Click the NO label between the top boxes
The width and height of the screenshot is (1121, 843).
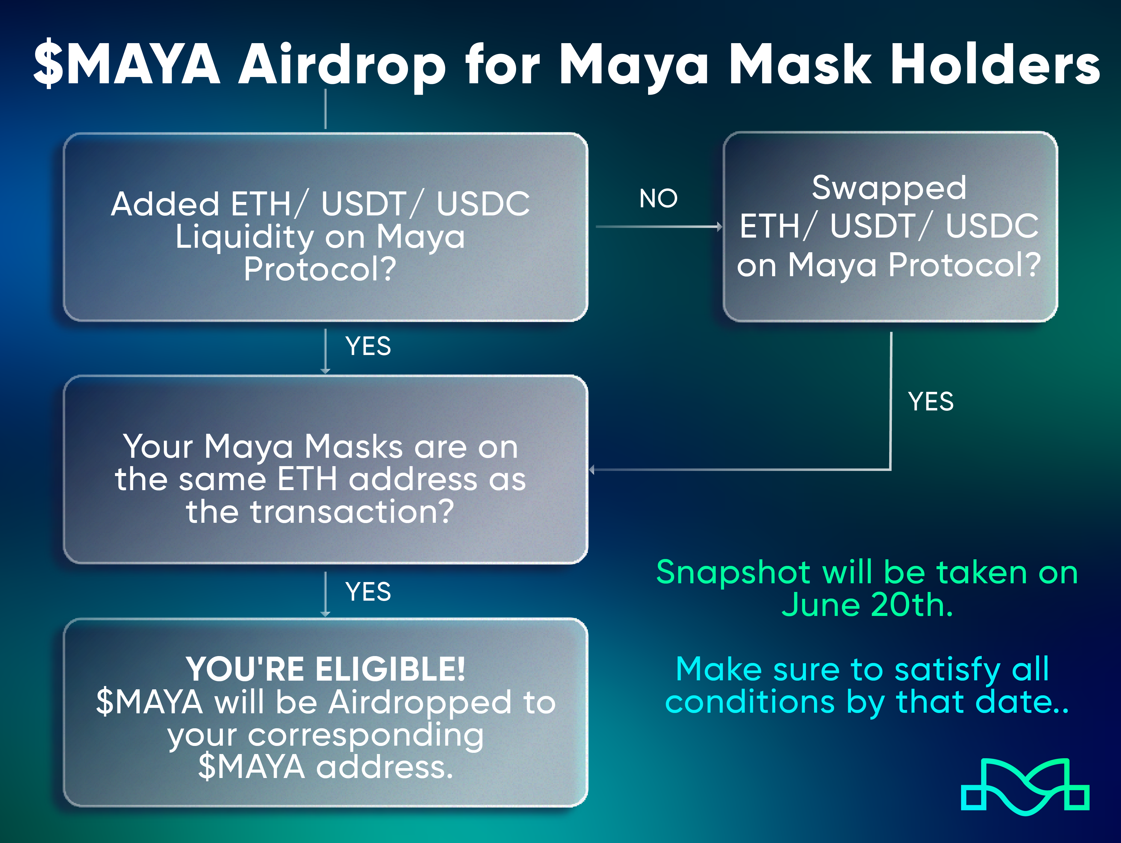pyautogui.click(x=658, y=198)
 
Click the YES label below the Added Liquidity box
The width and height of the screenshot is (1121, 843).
pyautogui.click(x=368, y=346)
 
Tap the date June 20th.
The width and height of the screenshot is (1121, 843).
pyautogui.click(x=867, y=605)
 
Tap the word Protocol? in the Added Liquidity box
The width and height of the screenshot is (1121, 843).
pyautogui.click(x=320, y=269)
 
